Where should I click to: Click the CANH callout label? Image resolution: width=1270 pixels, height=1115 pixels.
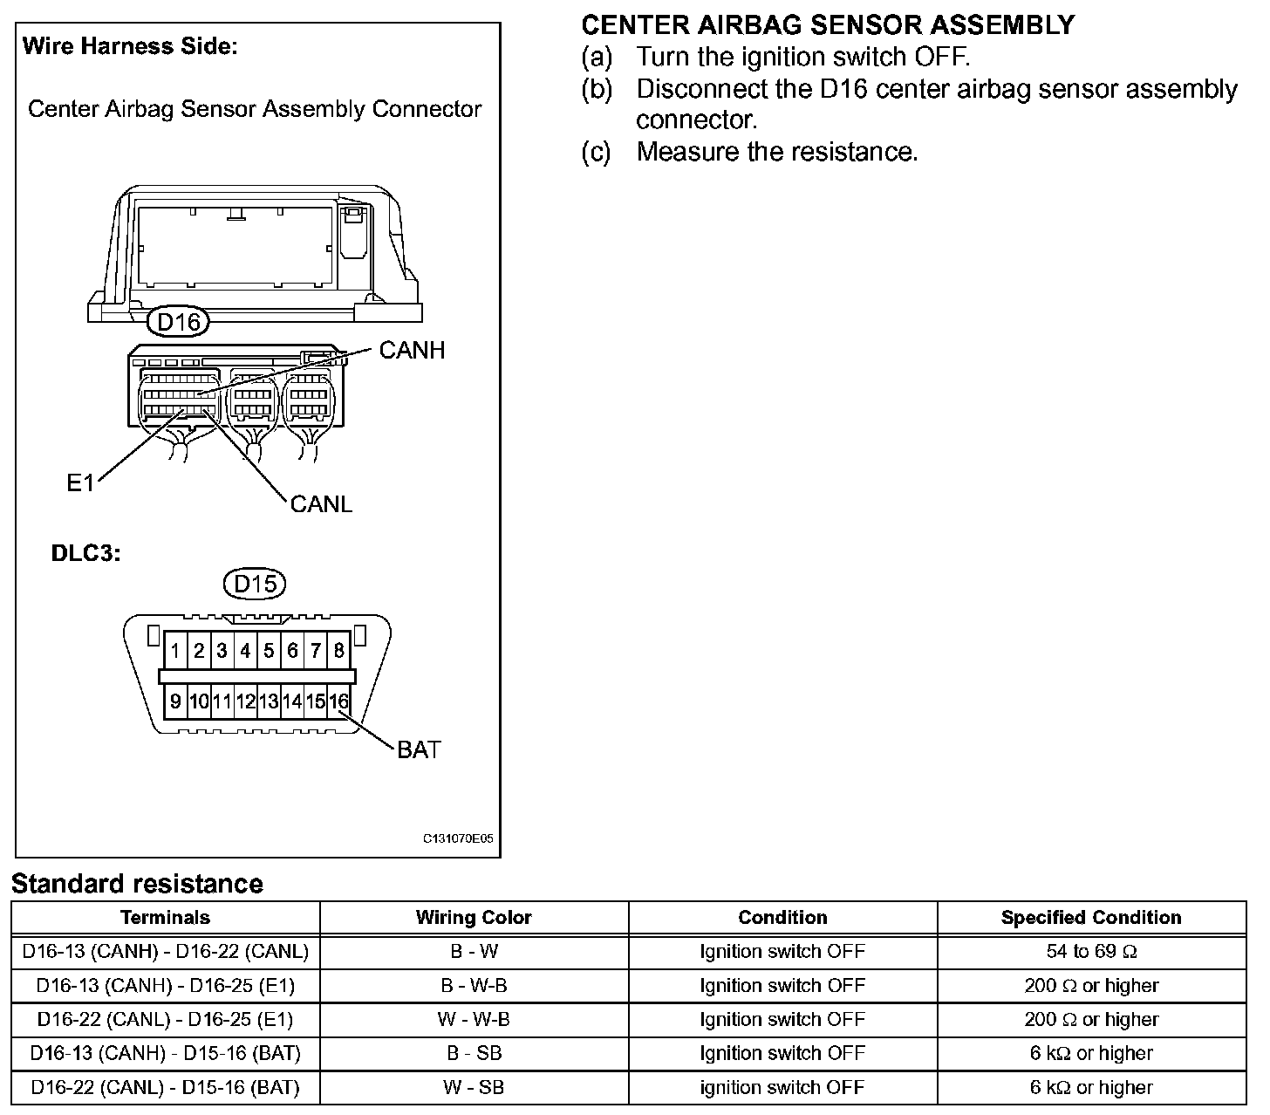tap(412, 350)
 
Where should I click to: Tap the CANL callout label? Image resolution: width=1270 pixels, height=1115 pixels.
tap(321, 504)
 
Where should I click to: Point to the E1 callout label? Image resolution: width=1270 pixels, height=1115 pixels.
tap(80, 482)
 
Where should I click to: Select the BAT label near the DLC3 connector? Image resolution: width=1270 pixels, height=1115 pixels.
tap(419, 749)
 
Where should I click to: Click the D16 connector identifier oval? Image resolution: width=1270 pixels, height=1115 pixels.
tap(179, 322)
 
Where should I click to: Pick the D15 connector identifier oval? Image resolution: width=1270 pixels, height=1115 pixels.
tap(255, 584)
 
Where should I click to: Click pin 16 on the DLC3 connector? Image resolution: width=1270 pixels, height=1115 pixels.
tap(338, 701)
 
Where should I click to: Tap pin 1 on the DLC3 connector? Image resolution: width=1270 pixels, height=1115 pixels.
tap(176, 651)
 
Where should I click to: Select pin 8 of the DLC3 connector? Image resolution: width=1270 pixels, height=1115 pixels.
tap(338, 651)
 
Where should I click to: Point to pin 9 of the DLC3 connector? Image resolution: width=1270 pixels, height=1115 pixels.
tap(176, 701)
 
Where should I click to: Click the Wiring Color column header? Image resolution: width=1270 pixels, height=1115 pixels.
tap(474, 918)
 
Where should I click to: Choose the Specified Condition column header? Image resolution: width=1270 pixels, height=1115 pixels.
tap(1091, 918)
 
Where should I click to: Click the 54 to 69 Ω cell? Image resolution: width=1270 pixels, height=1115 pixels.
tap(1091, 951)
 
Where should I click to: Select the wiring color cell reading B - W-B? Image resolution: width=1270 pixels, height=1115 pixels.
tap(474, 986)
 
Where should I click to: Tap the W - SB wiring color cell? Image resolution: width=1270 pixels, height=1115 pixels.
tap(474, 1087)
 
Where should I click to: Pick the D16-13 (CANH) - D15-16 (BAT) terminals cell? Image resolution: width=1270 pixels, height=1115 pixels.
tap(166, 1053)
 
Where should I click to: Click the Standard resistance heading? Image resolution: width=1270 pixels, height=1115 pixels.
tap(137, 884)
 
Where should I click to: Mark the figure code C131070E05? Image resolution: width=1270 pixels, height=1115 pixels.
tap(458, 838)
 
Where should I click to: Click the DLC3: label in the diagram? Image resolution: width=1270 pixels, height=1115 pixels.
tap(85, 553)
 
